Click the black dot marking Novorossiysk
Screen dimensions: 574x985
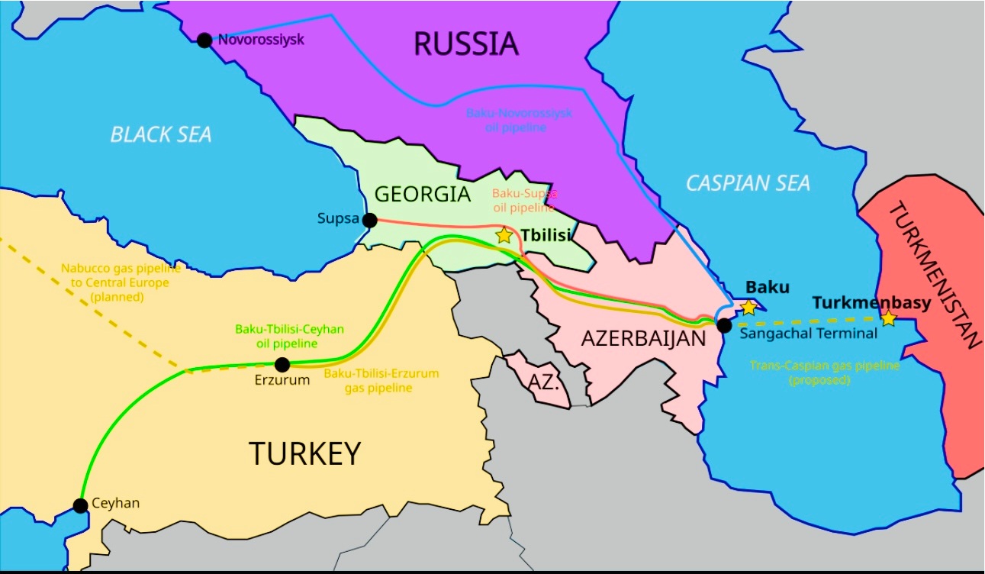pos(204,40)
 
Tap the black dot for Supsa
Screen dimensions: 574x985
pos(369,221)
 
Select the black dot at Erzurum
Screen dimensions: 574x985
pos(282,365)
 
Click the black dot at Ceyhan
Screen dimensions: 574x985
pos(80,505)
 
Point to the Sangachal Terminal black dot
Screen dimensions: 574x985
pos(724,326)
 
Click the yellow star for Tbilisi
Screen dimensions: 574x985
pos(504,235)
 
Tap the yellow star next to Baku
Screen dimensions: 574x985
pos(748,307)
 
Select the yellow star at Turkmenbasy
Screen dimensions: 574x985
pos(888,318)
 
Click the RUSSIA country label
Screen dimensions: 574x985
pos(465,44)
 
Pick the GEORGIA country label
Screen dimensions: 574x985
pos(422,194)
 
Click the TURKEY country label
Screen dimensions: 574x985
pos(304,454)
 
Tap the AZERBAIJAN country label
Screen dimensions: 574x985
pos(644,339)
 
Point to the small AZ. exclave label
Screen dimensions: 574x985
pos(545,382)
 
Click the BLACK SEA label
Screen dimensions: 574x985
pos(161,135)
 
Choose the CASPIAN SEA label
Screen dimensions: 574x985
pos(748,183)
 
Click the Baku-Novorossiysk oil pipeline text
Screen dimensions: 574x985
pos(518,120)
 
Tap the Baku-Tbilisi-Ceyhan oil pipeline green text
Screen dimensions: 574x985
pos(289,337)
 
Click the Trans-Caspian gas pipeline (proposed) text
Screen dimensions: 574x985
pos(824,372)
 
